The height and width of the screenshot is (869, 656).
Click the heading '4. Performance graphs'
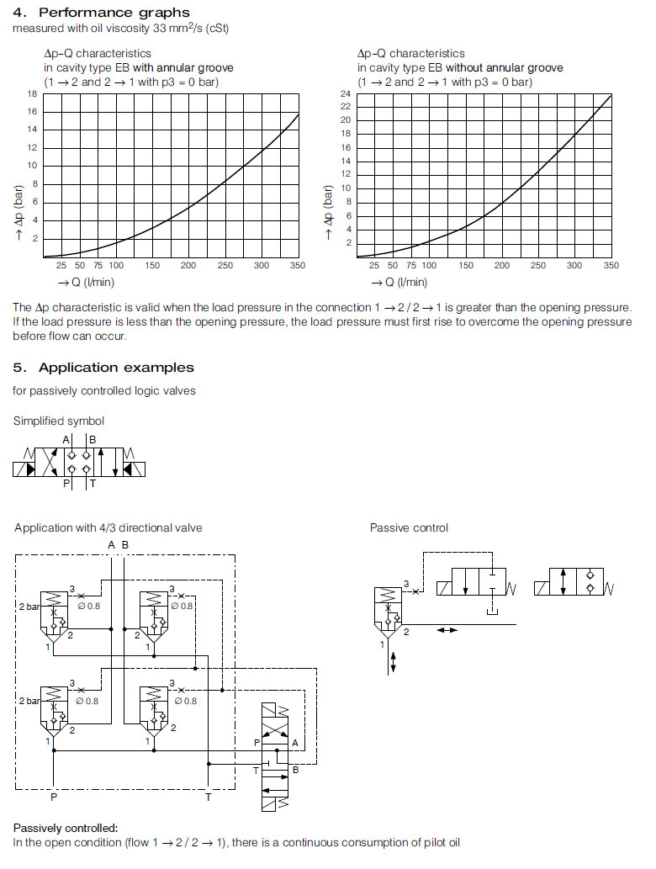pos(101,13)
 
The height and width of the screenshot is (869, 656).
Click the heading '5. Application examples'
pos(103,368)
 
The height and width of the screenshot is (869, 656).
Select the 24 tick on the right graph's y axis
pos(346,93)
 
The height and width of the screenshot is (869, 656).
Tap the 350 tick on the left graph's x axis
pos(297,266)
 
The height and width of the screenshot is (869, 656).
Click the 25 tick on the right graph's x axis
pos(374,266)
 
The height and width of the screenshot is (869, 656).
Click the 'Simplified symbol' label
pos(59,421)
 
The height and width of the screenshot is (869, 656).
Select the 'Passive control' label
pos(409,528)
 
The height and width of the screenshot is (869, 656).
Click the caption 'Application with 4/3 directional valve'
pos(108,528)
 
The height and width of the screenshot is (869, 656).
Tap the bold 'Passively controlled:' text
pos(66,828)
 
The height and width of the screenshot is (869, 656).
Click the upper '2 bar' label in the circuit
pos(29,606)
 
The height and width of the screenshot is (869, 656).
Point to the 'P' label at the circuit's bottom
pos(53,797)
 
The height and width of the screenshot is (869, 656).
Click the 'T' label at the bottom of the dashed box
pos(209,797)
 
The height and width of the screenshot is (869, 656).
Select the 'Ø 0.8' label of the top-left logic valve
pos(87,606)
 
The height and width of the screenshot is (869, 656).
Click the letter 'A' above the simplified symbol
pos(66,440)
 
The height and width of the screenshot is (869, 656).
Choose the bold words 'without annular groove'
pos(504,68)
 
